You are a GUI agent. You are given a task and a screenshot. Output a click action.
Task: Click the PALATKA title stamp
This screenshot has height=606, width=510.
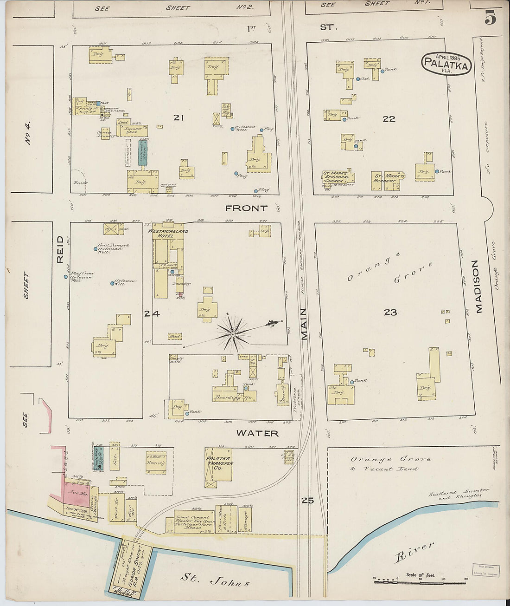click(446, 64)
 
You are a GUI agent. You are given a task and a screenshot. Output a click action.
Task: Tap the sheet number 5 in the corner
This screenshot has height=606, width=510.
click(490, 18)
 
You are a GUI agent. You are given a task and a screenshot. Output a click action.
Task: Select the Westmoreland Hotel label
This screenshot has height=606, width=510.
click(168, 233)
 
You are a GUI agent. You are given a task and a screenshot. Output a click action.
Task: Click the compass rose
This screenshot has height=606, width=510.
click(233, 333)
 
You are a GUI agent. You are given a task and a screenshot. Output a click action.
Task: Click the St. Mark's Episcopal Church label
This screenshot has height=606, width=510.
click(338, 177)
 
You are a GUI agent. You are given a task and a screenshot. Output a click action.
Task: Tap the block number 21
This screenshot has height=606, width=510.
click(178, 118)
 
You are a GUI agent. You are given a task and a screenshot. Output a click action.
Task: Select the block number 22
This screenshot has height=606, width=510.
click(389, 119)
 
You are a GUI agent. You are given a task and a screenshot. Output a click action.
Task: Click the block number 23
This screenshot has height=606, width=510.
click(390, 313)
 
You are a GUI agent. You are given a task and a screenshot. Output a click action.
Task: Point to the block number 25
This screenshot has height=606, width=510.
click(307, 500)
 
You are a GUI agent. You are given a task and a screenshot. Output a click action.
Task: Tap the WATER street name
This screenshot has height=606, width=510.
click(257, 433)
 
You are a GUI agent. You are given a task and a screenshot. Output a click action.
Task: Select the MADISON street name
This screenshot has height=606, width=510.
click(478, 287)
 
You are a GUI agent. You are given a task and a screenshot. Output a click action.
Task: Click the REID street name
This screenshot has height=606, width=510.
click(60, 249)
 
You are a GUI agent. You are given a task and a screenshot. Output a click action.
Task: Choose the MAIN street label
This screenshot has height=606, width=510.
click(304, 324)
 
